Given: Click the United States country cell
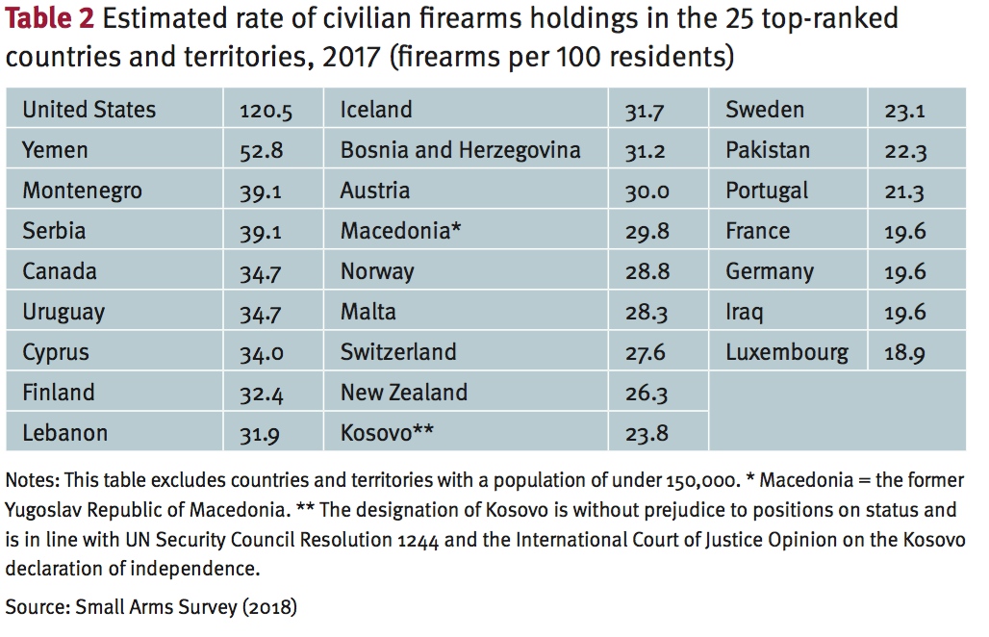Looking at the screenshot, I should [89, 110].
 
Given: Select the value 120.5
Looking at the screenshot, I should [266, 112].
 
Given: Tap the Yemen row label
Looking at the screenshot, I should [55, 150].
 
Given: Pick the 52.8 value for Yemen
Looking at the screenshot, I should [260, 152].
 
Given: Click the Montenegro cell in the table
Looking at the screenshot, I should [82, 191].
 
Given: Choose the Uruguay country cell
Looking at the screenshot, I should [63, 312].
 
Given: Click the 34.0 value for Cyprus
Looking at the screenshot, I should [261, 354].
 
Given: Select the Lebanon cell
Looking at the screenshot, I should [64, 433].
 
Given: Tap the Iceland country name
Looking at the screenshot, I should [375, 110].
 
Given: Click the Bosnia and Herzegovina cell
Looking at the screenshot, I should [460, 150].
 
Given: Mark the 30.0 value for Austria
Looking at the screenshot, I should [647, 192].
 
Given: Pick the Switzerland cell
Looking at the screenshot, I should [398, 352].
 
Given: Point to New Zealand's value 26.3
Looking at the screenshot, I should [646, 395].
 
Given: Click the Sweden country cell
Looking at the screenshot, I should [764, 110].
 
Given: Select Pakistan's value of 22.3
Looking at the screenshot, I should [904, 152].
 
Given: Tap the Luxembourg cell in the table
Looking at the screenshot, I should [786, 352].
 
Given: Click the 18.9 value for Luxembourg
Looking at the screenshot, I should [904, 354].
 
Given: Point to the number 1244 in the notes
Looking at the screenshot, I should [418, 540].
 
